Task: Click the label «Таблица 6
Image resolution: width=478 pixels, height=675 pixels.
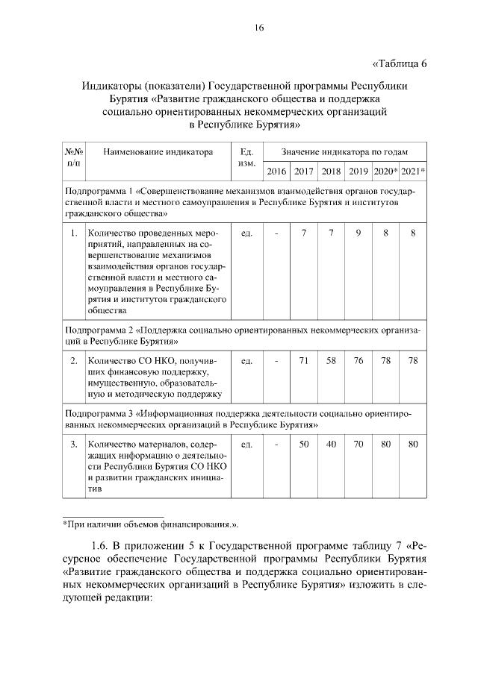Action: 399,63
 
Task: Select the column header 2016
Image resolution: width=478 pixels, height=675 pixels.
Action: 276,172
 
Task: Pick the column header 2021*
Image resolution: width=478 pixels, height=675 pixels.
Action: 413,172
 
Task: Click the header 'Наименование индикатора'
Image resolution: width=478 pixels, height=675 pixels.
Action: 158,152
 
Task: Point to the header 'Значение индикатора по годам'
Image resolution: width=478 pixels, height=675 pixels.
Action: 344,152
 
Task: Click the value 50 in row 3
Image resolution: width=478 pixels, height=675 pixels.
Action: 303,445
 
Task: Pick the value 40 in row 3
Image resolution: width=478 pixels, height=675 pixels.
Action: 331,445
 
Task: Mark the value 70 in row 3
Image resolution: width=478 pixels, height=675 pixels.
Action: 358,445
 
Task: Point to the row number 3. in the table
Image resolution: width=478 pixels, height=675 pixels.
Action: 74,445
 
